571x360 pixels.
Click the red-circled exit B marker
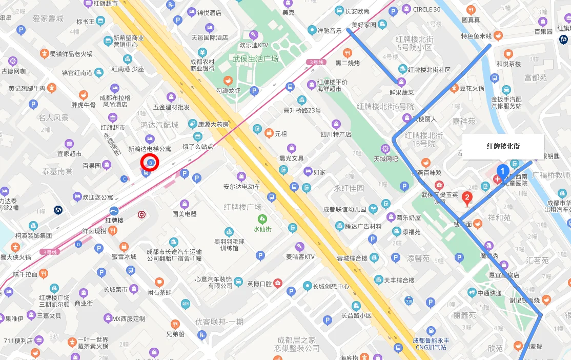click(150, 163)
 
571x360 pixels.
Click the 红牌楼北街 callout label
click(503, 147)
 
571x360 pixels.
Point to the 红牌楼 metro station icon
click(114, 211)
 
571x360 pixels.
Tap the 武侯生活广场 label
click(255, 59)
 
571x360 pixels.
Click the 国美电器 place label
click(185, 214)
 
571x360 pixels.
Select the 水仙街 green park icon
click(262, 219)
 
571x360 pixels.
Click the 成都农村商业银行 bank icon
click(202, 52)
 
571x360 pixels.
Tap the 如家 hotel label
click(319, 172)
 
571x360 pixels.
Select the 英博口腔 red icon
click(277, 283)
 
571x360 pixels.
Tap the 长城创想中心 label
click(331, 286)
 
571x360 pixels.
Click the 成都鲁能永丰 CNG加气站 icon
click(431, 331)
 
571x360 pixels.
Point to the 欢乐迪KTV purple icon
click(253, 35)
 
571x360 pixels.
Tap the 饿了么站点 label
click(197, 146)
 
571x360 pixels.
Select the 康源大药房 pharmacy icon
click(192, 124)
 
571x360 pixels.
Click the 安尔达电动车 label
click(241, 187)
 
